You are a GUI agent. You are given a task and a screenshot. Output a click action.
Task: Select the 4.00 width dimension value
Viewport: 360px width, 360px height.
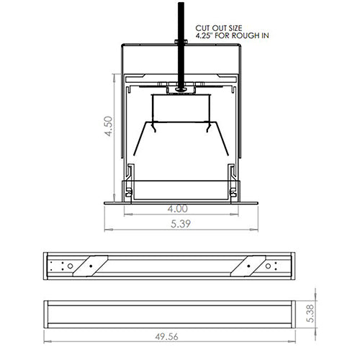tap(180, 209)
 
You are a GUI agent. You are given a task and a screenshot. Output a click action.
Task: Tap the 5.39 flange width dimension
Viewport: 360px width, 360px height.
tap(180, 224)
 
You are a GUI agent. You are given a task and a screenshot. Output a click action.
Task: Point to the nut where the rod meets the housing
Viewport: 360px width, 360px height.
tap(180, 89)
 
